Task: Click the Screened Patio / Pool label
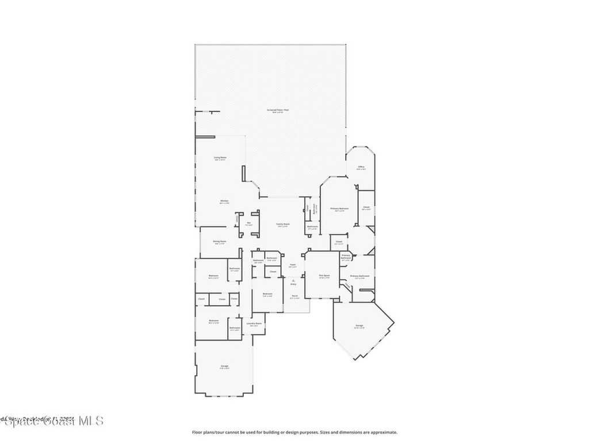pos(278,110)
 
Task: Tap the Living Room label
pos(220,157)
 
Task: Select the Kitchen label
pos(224,200)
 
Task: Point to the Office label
pos(361,167)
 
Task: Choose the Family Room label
pos(282,224)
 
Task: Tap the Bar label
pos(249,223)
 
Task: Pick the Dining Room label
pos(219,241)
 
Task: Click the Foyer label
pos(293,264)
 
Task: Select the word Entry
pos(293,284)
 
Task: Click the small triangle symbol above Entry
pos(293,280)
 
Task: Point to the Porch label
pos(294,296)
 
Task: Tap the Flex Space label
pos(324,276)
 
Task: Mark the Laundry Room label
pos(254,323)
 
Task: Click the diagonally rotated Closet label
pos(347,284)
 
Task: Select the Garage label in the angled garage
pos(359,326)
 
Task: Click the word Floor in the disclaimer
pos(197,432)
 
